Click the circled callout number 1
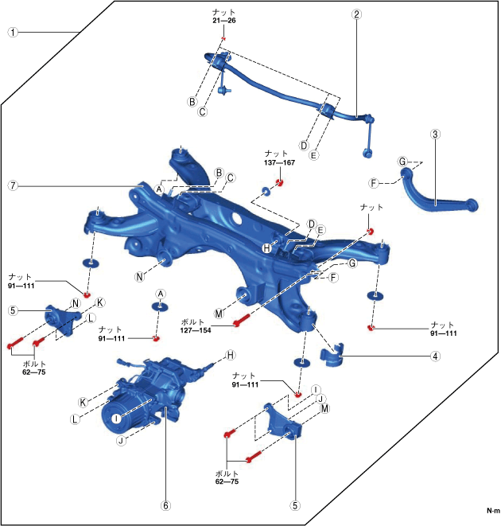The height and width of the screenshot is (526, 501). (x=13, y=33)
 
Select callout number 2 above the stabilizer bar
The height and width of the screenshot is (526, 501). (x=357, y=14)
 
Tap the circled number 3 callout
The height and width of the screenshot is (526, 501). (x=435, y=134)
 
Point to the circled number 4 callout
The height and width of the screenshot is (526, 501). (x=435, y=356)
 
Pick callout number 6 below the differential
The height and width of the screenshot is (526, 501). (x=166, y=505)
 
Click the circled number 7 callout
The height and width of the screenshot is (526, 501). (x=13, y=185)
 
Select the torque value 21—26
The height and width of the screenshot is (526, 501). (x=224, y=21)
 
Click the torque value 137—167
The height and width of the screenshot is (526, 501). (x=279, y=162)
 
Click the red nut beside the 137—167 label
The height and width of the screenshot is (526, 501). (x=280, y=184)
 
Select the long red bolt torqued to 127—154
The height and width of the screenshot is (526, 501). (x=243, y=321)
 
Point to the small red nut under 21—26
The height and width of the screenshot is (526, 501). (x=224, y=39)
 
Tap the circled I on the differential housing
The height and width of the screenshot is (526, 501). (x=115, y=417)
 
